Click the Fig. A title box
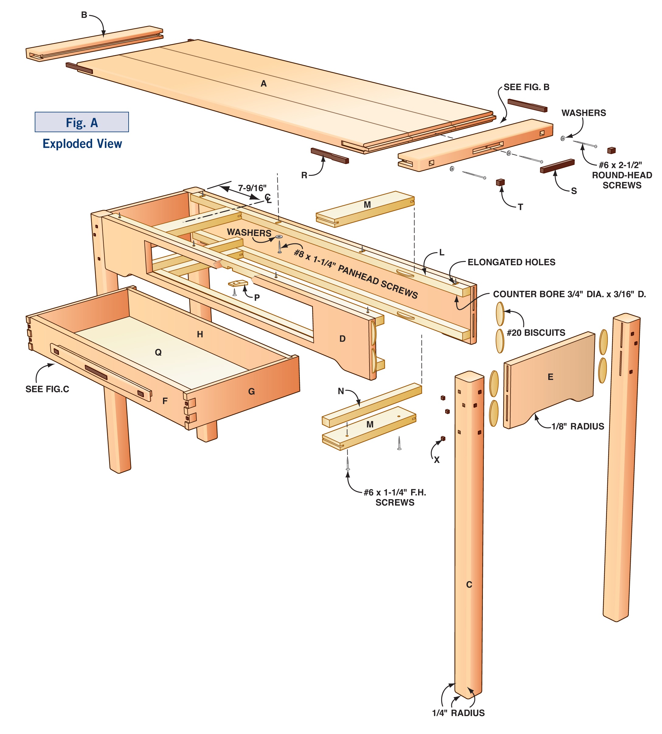click(x=81, y=122)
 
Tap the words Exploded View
click(x=82, y=144)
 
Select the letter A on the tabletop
click(x=264, y=84)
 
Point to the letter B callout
click(x=84, y=15)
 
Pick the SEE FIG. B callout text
click(x=526, y=87)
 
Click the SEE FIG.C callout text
click(x=47, y=389)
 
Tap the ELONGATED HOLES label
click(x=511, y=263)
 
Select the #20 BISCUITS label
click(x=536, y=332)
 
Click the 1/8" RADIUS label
click(x=577, y=426)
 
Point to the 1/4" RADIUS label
click(x=458, y=713)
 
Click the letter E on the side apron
click(x=550, y=377)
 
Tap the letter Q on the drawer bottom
click(x=158, y=352)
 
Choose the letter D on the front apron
click(x=342, y=339)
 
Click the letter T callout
click(x=521, y=207)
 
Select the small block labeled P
click(x=238, y=283)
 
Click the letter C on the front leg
click(x=469, y=584)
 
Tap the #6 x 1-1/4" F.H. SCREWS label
click(x=395, y=497)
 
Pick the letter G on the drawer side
click(x=251, y=391)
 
